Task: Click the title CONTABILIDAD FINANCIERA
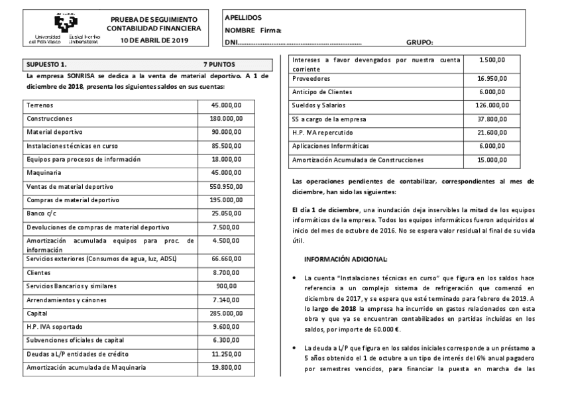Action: (154, 29)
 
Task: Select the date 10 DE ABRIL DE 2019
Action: (154, 41)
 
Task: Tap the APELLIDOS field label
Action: (243, 17)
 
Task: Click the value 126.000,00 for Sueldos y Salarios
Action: (492, 105)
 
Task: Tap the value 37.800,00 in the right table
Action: (492, 119)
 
